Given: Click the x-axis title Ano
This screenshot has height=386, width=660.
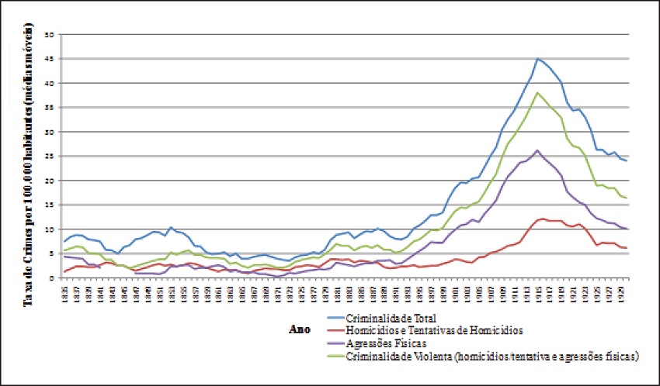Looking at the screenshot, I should click(299, 329).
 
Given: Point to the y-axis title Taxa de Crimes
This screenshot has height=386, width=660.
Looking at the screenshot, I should click(32, 155).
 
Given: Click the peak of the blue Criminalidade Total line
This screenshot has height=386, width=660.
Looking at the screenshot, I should click(537, 59).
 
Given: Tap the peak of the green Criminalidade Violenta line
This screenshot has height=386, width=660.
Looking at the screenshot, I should click(537, 93).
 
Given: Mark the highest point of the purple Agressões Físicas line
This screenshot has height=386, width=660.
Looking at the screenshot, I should click(537, 150).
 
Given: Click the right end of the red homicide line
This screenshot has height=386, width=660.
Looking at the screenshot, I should click(626, 247).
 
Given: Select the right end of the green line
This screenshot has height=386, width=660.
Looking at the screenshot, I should click(626, 198).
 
